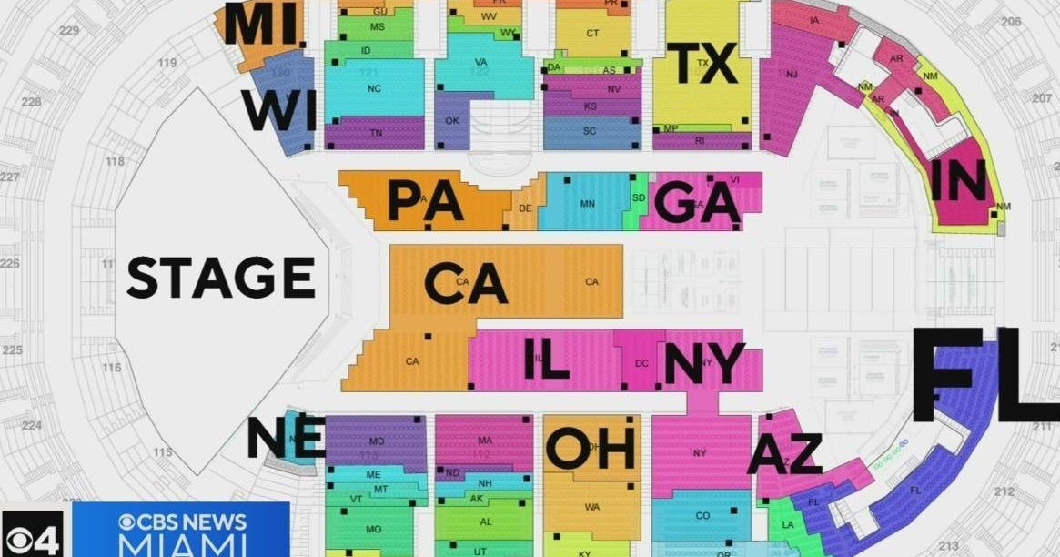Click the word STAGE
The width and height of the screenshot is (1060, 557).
pos(221,278)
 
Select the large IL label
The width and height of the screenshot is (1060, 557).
pos(547,359)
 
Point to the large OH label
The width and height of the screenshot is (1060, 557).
pos(590,448)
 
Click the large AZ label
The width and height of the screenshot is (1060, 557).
pos(784,454)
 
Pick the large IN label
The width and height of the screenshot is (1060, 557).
pos(958,180)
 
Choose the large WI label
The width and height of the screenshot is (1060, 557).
pos(279,111)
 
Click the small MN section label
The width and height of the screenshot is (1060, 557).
pos(587,204)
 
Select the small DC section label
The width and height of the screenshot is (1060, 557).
pos(641,363)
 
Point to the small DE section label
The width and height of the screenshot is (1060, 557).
pos(525,208)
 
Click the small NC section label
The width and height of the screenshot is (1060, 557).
pos(374,89)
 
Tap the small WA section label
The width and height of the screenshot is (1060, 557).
pos(592,506)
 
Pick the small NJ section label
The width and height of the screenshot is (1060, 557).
pos(792,75)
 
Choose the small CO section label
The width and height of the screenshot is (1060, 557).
pos(702,516)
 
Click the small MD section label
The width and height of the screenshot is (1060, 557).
pos(377,441)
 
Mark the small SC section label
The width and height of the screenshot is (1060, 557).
pos(590,131)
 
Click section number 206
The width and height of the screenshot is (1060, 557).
pos(1011,21)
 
